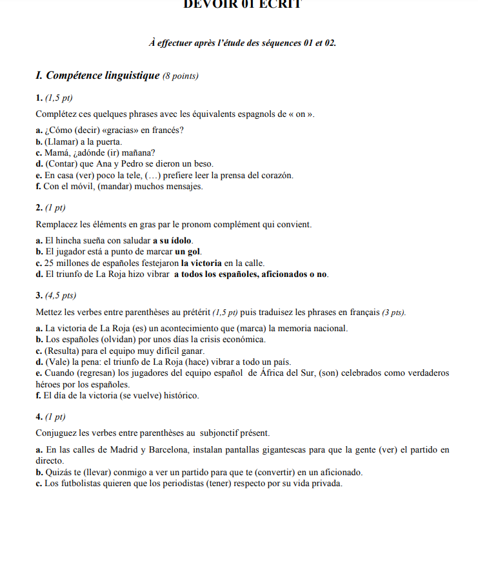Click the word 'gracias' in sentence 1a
coord(123,130)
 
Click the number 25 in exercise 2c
coord(49,263)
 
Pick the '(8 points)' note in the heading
coord(180,77)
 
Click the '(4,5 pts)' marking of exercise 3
coord(61,296)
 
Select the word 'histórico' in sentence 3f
coord(180,395)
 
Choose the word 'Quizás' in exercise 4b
coord(57,472)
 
